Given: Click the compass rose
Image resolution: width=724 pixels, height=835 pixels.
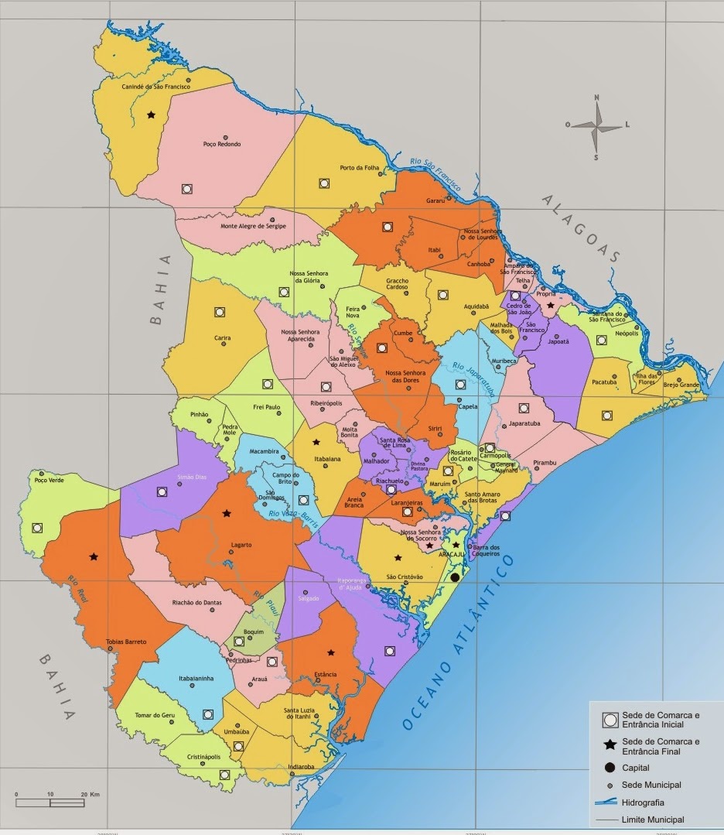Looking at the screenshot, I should click(x=596, y=126).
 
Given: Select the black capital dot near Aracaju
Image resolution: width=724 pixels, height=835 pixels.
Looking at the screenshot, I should click(x=456, y=577).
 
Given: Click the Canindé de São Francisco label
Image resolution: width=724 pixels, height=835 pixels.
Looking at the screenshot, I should click(x=156, y=87).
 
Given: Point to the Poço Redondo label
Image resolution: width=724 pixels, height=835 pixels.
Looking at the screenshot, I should click(x=222, y=144).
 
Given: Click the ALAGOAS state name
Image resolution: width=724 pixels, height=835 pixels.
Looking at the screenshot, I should click(x=581, y=229).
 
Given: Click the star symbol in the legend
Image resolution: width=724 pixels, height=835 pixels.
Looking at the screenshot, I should click(x=610, y=744).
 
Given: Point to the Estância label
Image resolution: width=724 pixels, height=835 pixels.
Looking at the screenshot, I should click(x=326, y=674).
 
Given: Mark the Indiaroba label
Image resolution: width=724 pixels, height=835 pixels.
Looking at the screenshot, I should click(x=301, y=767).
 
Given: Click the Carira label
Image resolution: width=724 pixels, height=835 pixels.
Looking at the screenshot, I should click(x=223, y=338).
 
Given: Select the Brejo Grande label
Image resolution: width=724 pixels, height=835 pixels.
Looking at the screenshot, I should click(x=681, y=385).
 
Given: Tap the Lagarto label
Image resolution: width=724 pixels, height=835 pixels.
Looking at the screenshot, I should click(x=241, y=545).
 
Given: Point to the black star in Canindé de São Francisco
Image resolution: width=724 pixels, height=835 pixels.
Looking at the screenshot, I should click(x=151, y=115).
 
